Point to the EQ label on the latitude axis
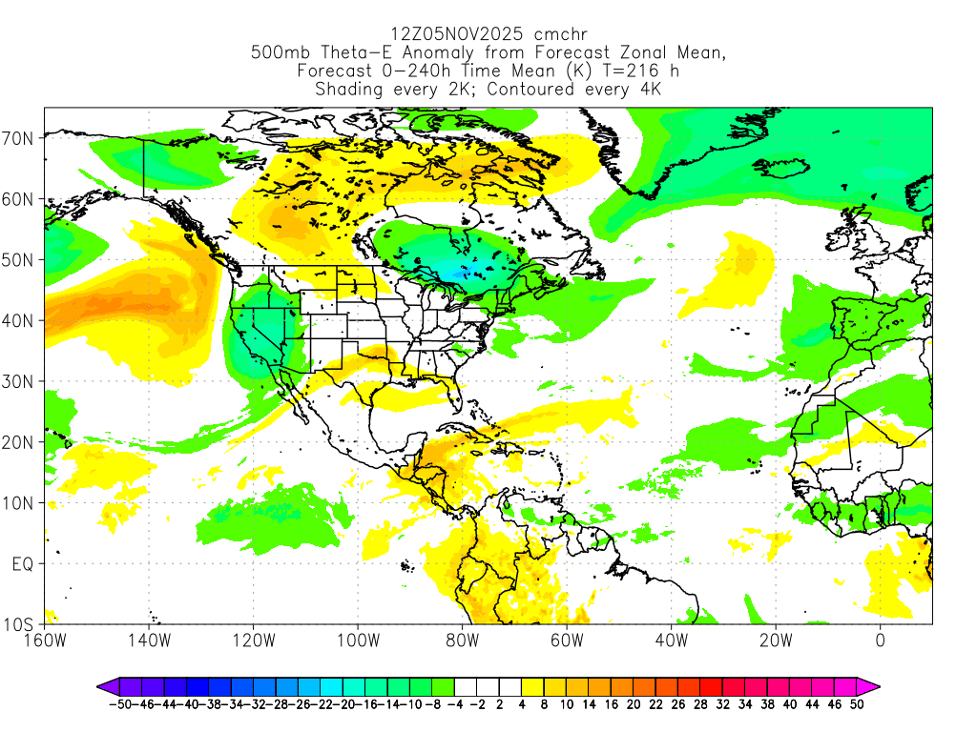pyautogui.click(x=23, y=564)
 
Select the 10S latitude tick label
pyautogui.click(x=21, y=625)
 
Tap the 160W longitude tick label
pyautogui.click(x=45, y=641)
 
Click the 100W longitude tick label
pyautogui.click(x=358, y=641)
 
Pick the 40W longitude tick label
pyautogui.click(x=671, y=641)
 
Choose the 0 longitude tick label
pyautogui.click(x=880, y=641)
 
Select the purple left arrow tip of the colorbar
pyautogui.click(x=102, y=685)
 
